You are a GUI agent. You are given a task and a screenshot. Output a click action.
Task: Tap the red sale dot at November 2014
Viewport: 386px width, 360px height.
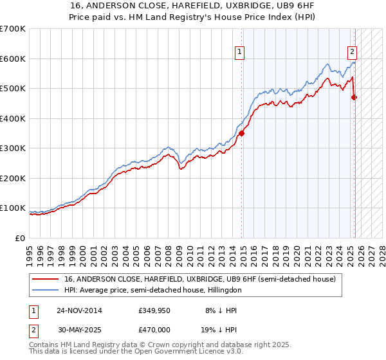(x=242, y=134)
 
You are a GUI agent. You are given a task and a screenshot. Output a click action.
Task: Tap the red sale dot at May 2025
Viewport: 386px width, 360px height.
(x=354, y=98)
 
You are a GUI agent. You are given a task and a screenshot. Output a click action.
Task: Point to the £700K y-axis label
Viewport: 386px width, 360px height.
(x=13, y=29)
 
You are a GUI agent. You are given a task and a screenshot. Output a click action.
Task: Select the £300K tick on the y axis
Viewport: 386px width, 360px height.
(x=13, y=148)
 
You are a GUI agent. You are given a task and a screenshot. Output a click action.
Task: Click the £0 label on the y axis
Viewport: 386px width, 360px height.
(x=20, y=239)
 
